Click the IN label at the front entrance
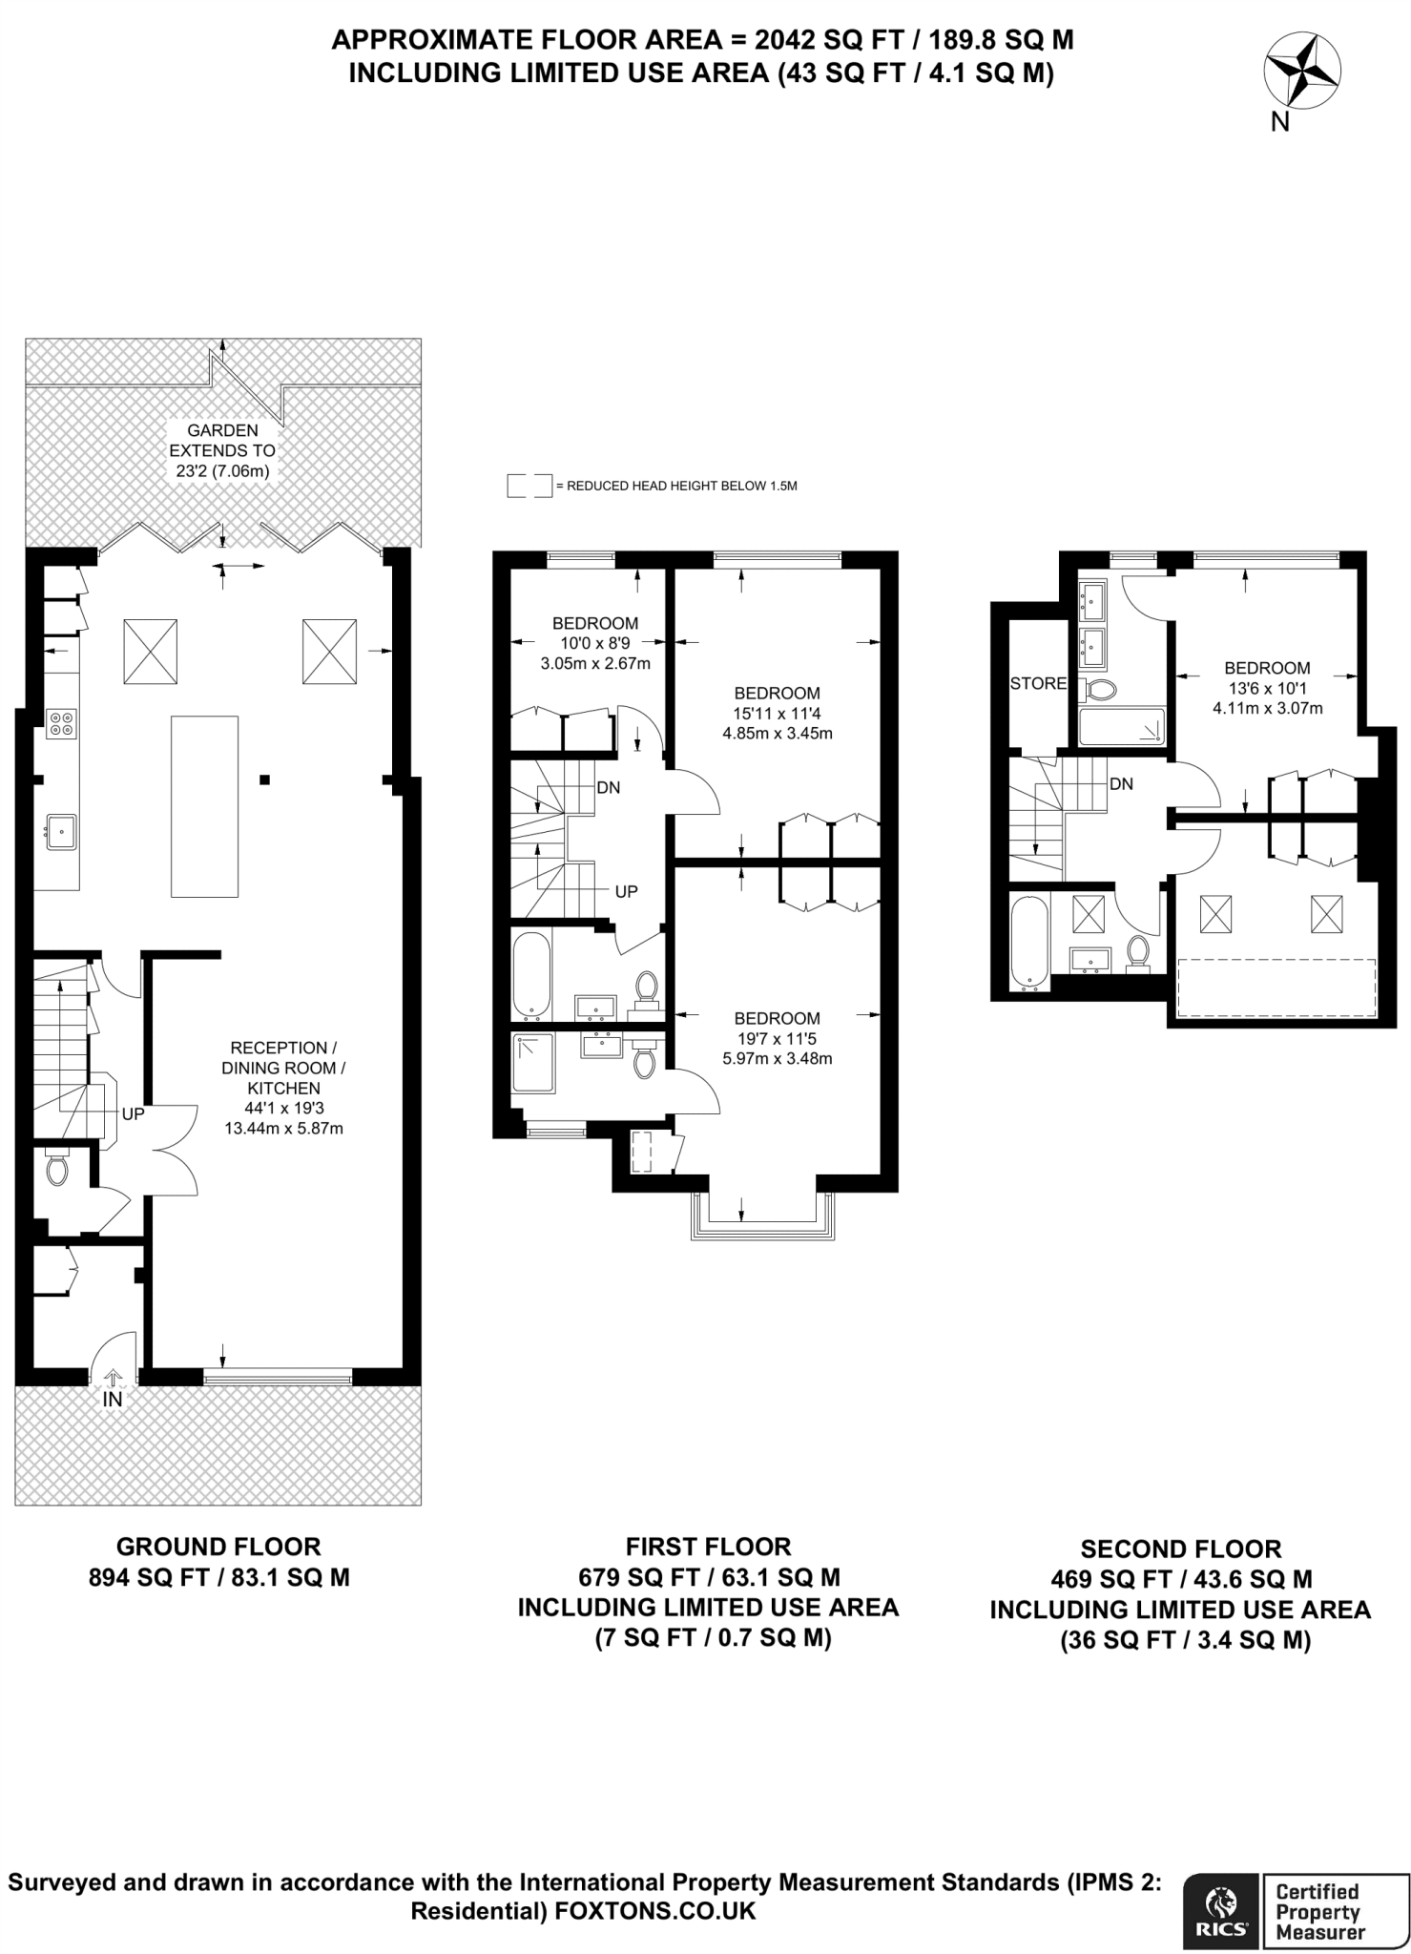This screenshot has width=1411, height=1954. click(113, 1400)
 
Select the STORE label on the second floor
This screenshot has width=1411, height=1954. click(1038, 683)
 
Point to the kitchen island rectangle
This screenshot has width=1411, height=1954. click(204, 806)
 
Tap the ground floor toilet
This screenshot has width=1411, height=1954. click(57, 1165)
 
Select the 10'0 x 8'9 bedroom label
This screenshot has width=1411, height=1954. click(594, 643)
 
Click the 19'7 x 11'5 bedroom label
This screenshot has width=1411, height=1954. click(777, 1038)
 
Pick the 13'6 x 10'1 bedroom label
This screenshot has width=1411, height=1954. click(1267, 688)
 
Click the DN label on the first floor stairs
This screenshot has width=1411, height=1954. click(608, 787)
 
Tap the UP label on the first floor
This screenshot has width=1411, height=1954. click(626, 891)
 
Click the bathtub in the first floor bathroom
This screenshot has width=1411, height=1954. click(531, 974)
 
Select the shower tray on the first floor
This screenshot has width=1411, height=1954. click(533, 1063)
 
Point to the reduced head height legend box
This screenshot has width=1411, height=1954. click(529, 486)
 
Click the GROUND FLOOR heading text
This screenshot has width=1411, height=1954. click(218, 1547)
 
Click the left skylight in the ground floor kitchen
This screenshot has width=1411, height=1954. click(151, 651)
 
